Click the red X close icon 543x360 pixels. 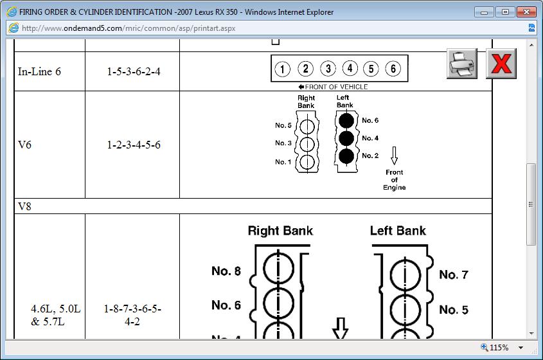coord(501,64)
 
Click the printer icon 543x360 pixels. coord(461,64)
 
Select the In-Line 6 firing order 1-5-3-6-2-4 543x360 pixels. coord(134,71)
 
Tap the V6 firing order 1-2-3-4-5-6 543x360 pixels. coord(134,145)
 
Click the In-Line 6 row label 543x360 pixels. coord(39,71)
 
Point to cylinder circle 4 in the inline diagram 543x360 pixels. coord(350,69)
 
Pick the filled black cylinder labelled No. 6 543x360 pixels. coord(346,120)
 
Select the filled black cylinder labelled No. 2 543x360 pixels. coord(346,156)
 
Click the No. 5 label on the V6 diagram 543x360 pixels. coord(283,125)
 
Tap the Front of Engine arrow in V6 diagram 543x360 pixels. coord(394,155)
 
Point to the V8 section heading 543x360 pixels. coord(24,206)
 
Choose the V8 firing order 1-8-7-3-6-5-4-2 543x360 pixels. coord(132,315)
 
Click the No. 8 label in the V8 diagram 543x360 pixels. coord(226,271)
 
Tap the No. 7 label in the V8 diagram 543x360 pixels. coord(454,275)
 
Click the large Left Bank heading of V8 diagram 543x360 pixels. coord(398,231)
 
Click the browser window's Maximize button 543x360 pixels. coord(506,12)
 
